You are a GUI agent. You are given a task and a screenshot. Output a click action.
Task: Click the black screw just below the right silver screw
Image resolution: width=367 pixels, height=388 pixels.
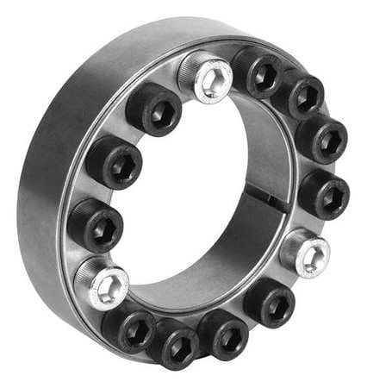268,301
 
